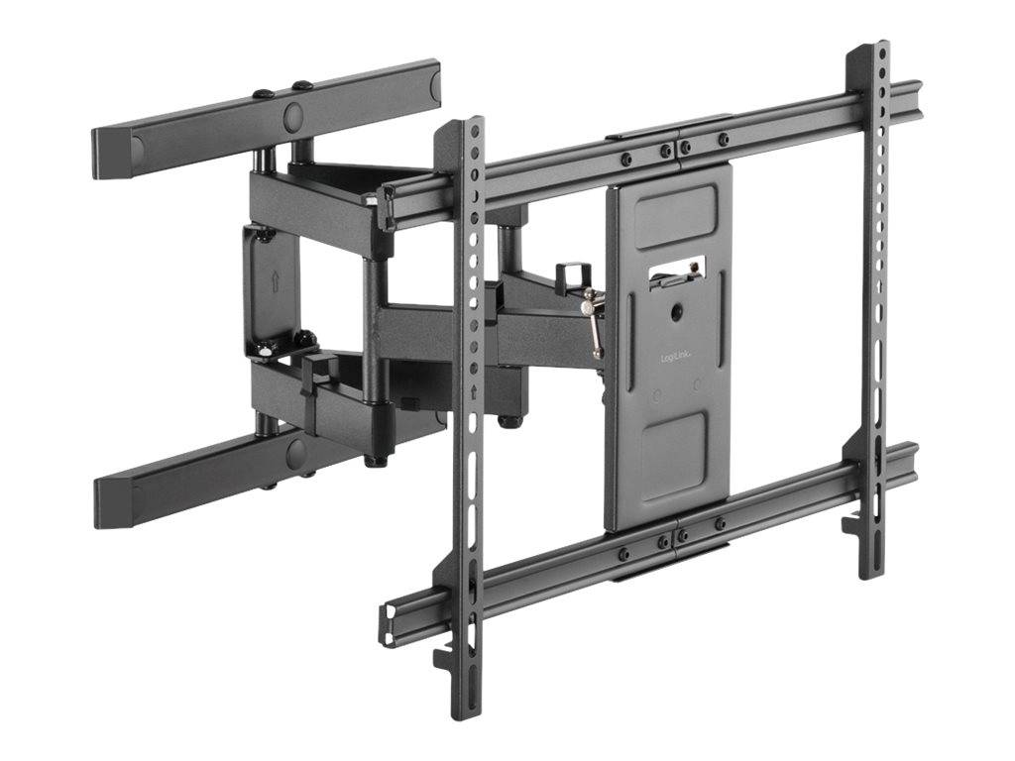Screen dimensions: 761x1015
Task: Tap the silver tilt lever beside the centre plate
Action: (594, 321)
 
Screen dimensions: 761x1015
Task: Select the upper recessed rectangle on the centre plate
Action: (673, 217)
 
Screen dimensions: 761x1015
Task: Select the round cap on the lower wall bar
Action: (296, 454)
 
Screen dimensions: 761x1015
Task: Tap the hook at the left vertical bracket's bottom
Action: (445, 656)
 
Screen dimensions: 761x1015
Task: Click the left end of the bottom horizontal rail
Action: (389, 622)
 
